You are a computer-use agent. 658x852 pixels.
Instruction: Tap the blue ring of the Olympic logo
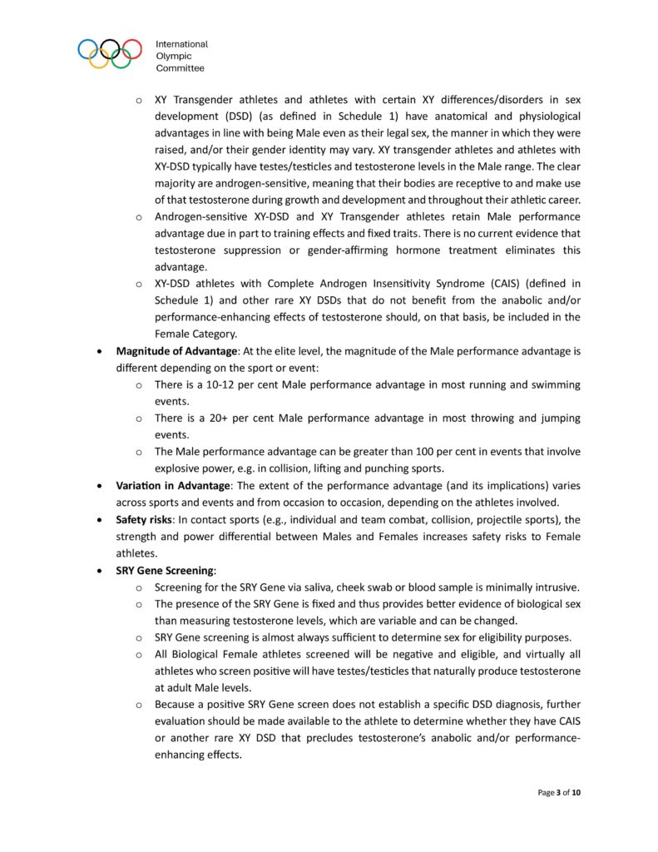click(87, 47)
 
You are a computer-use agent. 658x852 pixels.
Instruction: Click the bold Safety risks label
click(145, 520)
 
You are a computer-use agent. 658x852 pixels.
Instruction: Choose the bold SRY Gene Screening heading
click(166, 571)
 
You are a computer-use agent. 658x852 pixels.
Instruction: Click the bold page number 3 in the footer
click(556, 792)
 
